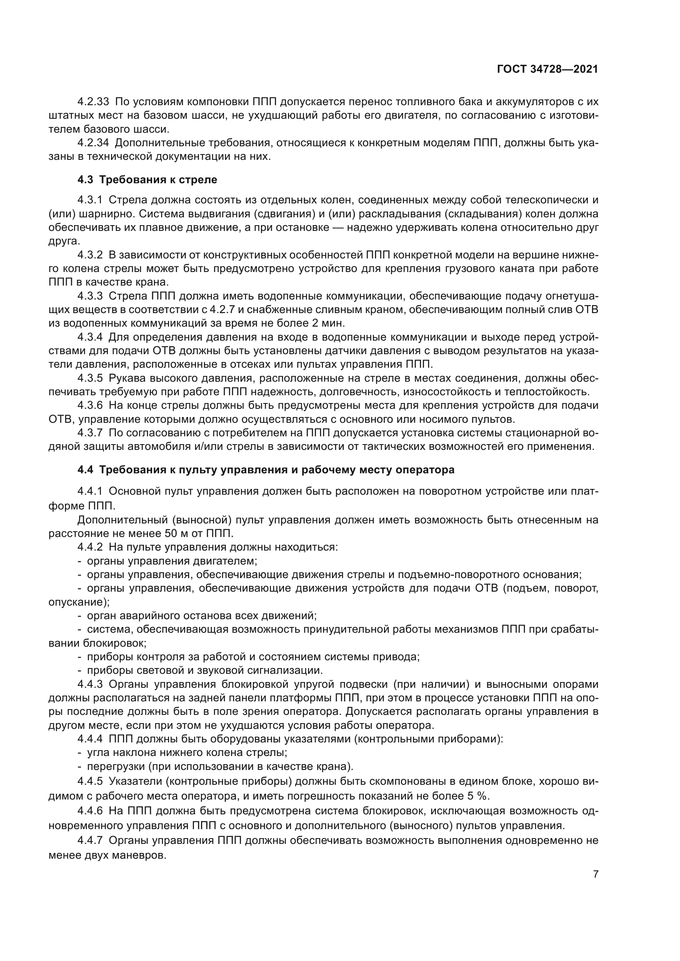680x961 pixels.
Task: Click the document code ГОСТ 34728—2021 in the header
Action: pyautogui.click(x=547, y=69)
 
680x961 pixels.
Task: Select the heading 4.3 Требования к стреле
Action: pyautogui.click(x=148, y=180)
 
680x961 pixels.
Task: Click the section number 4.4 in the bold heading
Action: pyautogui.click(x=86, y=470)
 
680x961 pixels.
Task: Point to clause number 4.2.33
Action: pyautogui.click(x=93, y=101)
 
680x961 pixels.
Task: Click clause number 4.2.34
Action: pyautogui.click(x=93, y=143)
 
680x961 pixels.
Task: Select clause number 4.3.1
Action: pyautogui.click(x=90, y=200)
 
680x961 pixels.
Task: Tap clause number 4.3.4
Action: pyautogui.click(x=90, y=337)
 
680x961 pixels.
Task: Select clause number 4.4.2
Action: pyautogui.click(x=90, y=547)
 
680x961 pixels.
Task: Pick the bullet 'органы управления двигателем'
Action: pyautogui.click(x=172, y=561)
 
